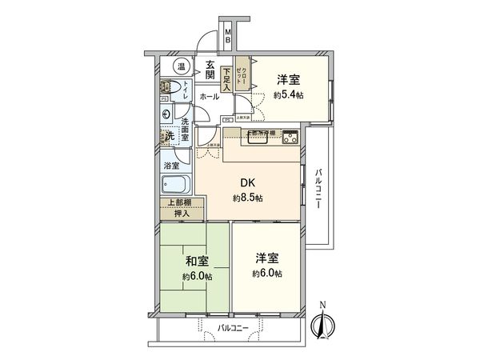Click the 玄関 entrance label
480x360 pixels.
(x=209, y=70)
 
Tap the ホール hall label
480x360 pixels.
(x=210, y=96)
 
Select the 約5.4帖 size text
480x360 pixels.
(x=290, y=94)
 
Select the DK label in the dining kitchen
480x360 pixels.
(x=245, y=182)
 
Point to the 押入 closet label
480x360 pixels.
(x=182, y=213)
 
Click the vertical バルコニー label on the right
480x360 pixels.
(x=318, y=189)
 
